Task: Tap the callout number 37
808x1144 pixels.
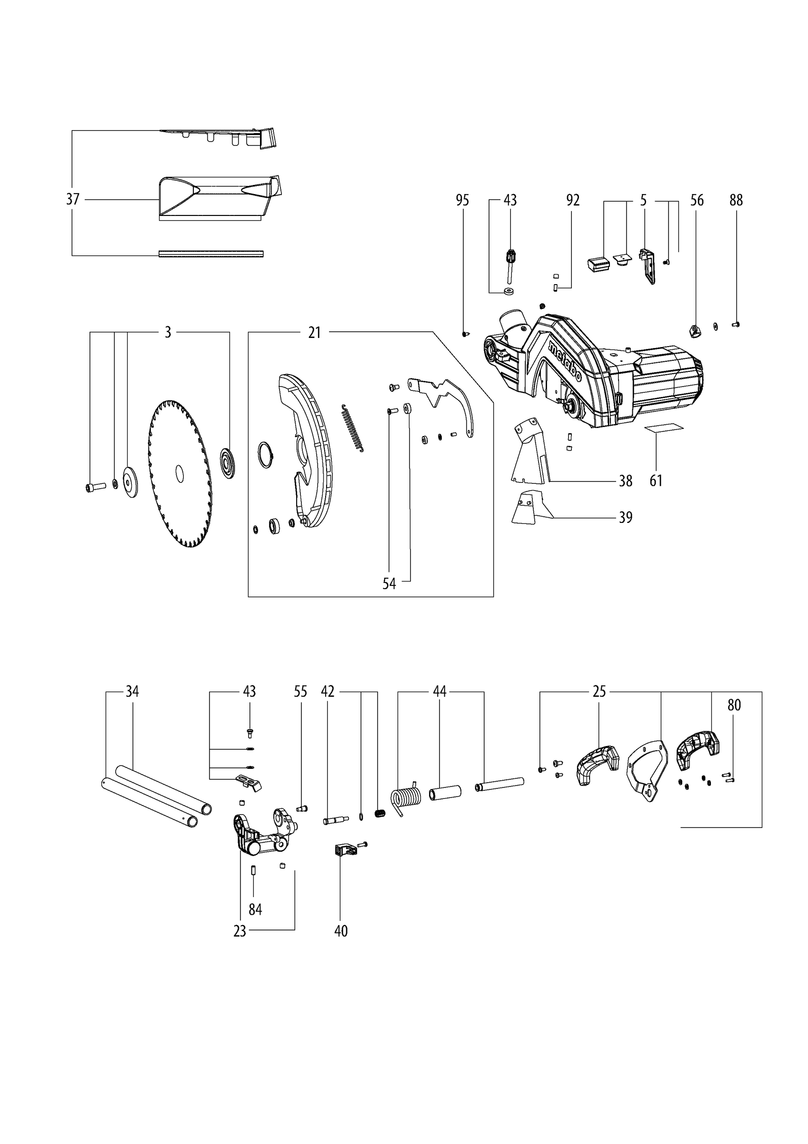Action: coord(73,199)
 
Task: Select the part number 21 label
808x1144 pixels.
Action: coord(314,332)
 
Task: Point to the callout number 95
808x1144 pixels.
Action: coord(462,200)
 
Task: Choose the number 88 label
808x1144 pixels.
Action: coord(736,200)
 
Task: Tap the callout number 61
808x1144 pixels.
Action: coord(656,481)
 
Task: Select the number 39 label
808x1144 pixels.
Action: coord(625,518)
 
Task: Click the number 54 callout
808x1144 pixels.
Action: coord(389,583)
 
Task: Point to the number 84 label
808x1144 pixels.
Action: coord(255,910)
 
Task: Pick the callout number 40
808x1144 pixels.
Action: coord(340,931)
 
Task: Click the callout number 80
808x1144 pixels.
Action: coord(734,705)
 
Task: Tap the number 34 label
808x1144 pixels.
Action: coord(132,692)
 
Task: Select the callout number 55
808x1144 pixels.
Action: coord(300,692)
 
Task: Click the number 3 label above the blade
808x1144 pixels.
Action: coord(168,332)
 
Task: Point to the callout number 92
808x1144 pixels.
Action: coord(573,200)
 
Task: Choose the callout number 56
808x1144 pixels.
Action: coord(697,200)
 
